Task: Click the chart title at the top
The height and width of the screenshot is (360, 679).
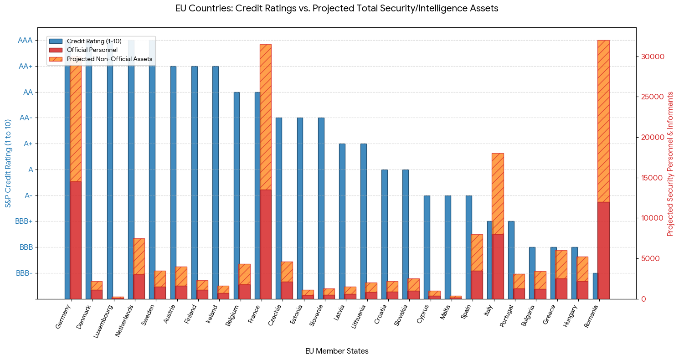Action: [x=337, y=8]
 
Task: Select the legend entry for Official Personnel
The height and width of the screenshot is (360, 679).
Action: [x=92, y=50]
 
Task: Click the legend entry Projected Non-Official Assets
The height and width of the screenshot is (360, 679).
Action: [x=109, y=59]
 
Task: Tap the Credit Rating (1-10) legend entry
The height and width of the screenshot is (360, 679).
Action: [x=94, y=41]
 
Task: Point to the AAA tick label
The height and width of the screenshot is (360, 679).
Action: [x=25, y=40]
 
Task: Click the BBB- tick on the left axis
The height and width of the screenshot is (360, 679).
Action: [x=24, y=273]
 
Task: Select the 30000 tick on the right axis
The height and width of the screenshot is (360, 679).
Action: [x=652, y=57]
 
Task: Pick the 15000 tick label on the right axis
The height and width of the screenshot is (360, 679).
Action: [x=652, y=178]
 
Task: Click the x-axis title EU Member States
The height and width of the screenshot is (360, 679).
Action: [x=337, y=351]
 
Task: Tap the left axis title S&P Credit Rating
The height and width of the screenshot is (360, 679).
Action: [x=8, y=164]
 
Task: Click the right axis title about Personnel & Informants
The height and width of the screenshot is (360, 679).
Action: [x=670, y=164]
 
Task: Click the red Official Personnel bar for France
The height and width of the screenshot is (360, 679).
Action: [x=266, y=245]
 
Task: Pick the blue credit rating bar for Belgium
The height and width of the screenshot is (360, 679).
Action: [x=237, y=195]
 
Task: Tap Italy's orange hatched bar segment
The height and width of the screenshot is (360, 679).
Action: [x=498, y=194]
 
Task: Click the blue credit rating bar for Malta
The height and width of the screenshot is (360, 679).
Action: [x=448, y=247]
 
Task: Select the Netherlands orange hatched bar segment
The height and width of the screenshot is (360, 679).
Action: [x=139, y=257]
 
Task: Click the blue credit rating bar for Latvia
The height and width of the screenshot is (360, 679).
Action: [x=342, y=221]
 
